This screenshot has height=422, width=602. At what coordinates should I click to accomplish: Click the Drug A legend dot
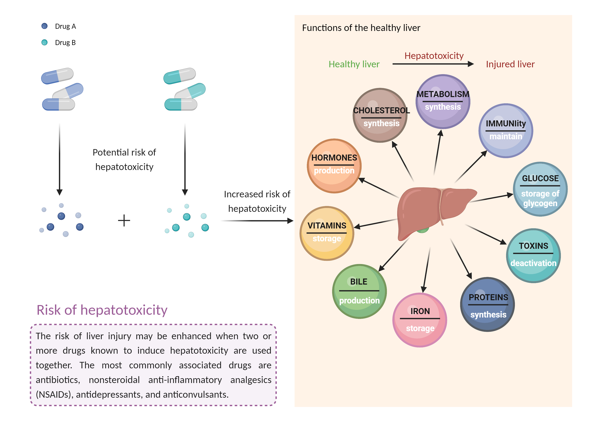[44, 26]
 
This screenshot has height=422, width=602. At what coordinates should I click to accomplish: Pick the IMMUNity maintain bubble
[505, 130]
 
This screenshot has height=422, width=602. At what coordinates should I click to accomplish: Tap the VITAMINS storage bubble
[327, 233]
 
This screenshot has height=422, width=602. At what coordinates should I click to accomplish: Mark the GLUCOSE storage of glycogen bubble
[540, 189]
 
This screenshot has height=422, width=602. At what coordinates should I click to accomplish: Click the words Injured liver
[510, 64]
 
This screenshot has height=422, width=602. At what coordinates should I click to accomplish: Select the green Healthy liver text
[354, 64]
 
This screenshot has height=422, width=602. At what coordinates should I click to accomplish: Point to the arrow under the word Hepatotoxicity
[433, 64]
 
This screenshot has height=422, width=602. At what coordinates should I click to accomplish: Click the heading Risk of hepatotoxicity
[102, 310]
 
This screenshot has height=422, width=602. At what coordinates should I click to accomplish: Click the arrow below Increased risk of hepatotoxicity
[257, 221]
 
